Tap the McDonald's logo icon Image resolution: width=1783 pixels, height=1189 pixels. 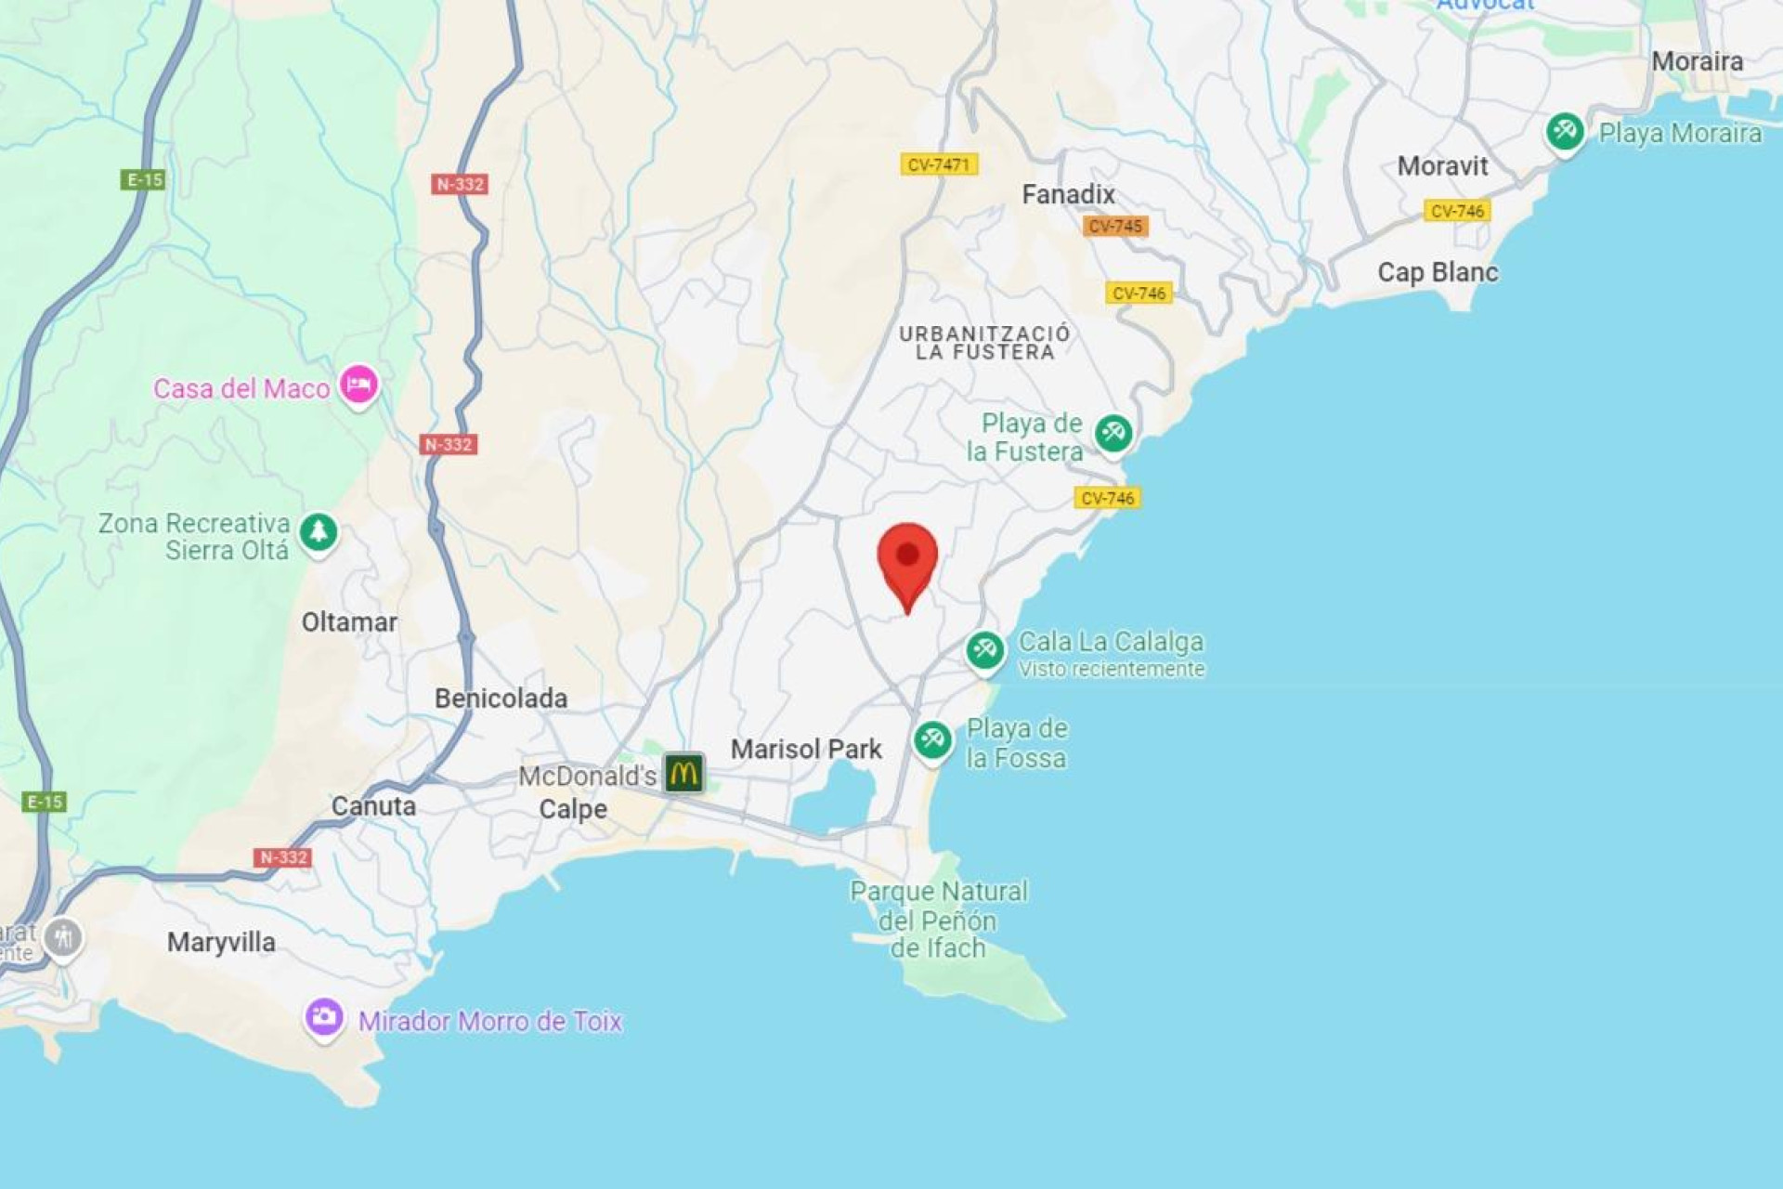[683, 773]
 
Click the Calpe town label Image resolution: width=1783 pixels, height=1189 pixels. [573, 809]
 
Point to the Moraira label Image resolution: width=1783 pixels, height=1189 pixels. [1697, 62]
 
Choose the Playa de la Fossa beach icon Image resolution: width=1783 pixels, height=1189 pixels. [932, 740]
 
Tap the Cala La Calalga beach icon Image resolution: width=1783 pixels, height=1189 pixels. [984, 650]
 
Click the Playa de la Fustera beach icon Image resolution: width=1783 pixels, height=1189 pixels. [1113, 433]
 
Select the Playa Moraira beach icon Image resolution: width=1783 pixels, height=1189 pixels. [1565, 131]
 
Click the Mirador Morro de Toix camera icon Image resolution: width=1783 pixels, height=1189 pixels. [324, 1017]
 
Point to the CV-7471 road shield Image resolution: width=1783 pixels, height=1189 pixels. [938, 165]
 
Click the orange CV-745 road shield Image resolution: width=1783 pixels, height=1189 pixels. [1114, 227]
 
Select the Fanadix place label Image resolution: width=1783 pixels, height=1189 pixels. [1068, 195]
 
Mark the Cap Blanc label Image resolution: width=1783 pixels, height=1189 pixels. [1438, 272]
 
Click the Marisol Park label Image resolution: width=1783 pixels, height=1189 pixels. [806, 750]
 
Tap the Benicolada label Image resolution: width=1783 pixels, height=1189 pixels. [501, 699]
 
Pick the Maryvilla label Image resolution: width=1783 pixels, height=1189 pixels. [221, 943]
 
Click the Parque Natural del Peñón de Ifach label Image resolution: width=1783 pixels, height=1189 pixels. [938, 921]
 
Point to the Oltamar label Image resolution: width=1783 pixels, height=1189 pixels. [349, 622]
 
